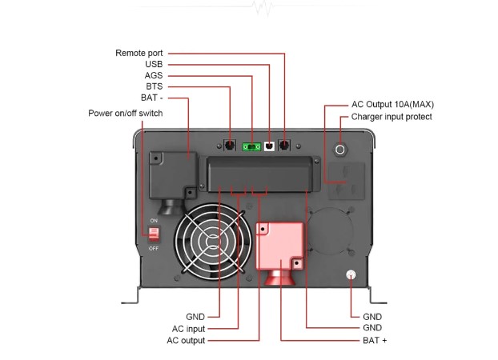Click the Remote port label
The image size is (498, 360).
[x=139, y=53]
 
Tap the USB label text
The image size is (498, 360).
[x=154, y=64]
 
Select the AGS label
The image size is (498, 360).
[x=154, y=76]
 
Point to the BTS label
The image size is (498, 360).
[x=154, y=87]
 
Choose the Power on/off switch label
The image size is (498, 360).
[x=126, y=114]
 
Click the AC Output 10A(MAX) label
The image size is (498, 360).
[x=392, y=104]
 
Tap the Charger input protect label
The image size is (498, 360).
[x=392, y=117]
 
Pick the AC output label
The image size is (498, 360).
[x=185, y=340]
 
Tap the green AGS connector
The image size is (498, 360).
[x=252, y=146]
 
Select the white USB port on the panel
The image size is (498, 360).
[x=269, y=146]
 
